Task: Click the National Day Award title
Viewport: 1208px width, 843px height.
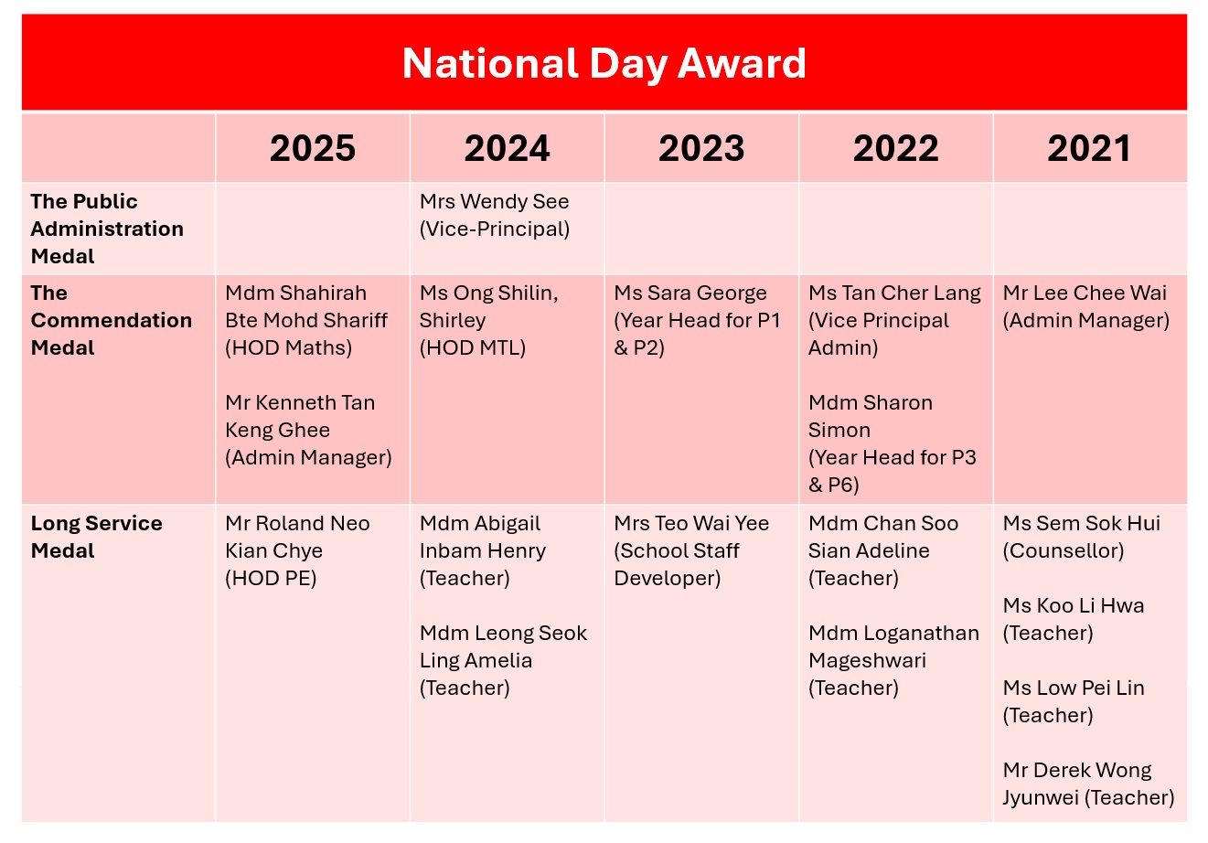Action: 604,64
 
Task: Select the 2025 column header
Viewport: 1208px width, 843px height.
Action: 313,148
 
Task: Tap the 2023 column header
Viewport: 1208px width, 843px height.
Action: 701,148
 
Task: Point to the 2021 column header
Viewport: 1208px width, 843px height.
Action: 1089,148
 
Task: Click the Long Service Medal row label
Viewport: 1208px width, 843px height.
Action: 97,538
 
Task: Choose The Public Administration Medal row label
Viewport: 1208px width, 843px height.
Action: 107,229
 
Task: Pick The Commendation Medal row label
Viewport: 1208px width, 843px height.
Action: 111,320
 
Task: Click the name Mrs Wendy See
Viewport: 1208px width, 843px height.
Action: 494,202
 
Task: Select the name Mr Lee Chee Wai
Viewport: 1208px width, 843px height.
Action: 1085,293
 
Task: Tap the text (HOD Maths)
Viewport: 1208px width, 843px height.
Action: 289,347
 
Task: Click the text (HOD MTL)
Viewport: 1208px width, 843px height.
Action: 473,347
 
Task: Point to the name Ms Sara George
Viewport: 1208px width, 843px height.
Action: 690,293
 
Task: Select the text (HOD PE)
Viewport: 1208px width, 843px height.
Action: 271,578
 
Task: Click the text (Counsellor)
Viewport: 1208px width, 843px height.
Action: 1064,550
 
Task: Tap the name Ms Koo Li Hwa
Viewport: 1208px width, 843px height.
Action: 1074,605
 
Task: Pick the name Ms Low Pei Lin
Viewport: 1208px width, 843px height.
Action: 1074,688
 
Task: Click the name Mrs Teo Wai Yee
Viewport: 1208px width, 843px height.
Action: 691,523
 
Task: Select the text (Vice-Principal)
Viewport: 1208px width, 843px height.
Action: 495,229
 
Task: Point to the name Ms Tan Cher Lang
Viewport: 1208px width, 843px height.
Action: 894,293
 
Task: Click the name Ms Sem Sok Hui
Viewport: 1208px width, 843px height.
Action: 1081,523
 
